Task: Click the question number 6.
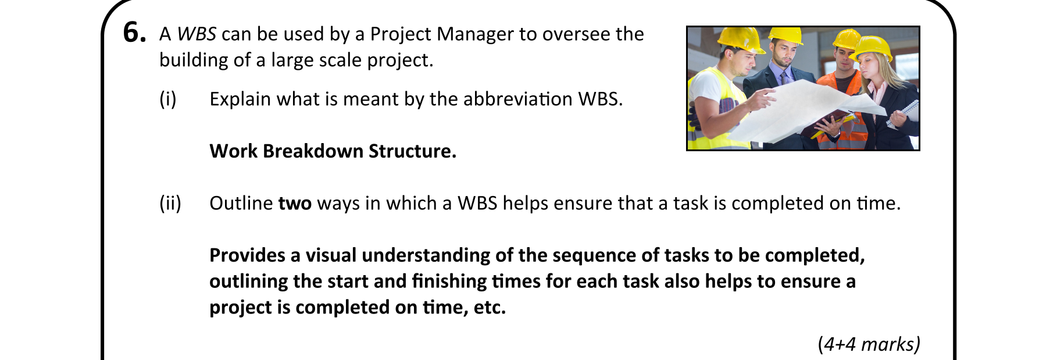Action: tap(134, 33)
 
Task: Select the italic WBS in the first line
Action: tap(197, 34)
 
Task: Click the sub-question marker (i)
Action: tap(168, 99)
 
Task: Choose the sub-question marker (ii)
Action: tap(170, 204)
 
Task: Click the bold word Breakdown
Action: tap(313, 151)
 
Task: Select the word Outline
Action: tap(241, 204)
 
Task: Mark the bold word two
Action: tap(295, 204)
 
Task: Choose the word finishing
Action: tap(449, 282)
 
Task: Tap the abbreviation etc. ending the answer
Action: tap(490, 308)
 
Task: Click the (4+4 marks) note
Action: tap(869, 344)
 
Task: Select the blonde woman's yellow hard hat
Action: tap(872, 48)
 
